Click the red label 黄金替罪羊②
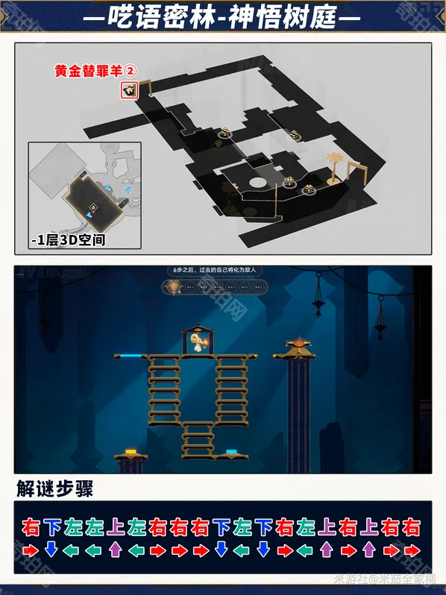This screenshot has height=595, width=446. (x=95, y=72)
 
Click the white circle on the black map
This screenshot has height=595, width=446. (x=258, y=182)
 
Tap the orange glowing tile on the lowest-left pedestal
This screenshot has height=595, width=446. (x=130, y=452)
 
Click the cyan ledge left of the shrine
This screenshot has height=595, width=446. (x=134, y=357)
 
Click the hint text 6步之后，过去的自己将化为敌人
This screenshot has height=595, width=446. (x=216, y=271)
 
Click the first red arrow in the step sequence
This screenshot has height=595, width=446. (x=31, y=550)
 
